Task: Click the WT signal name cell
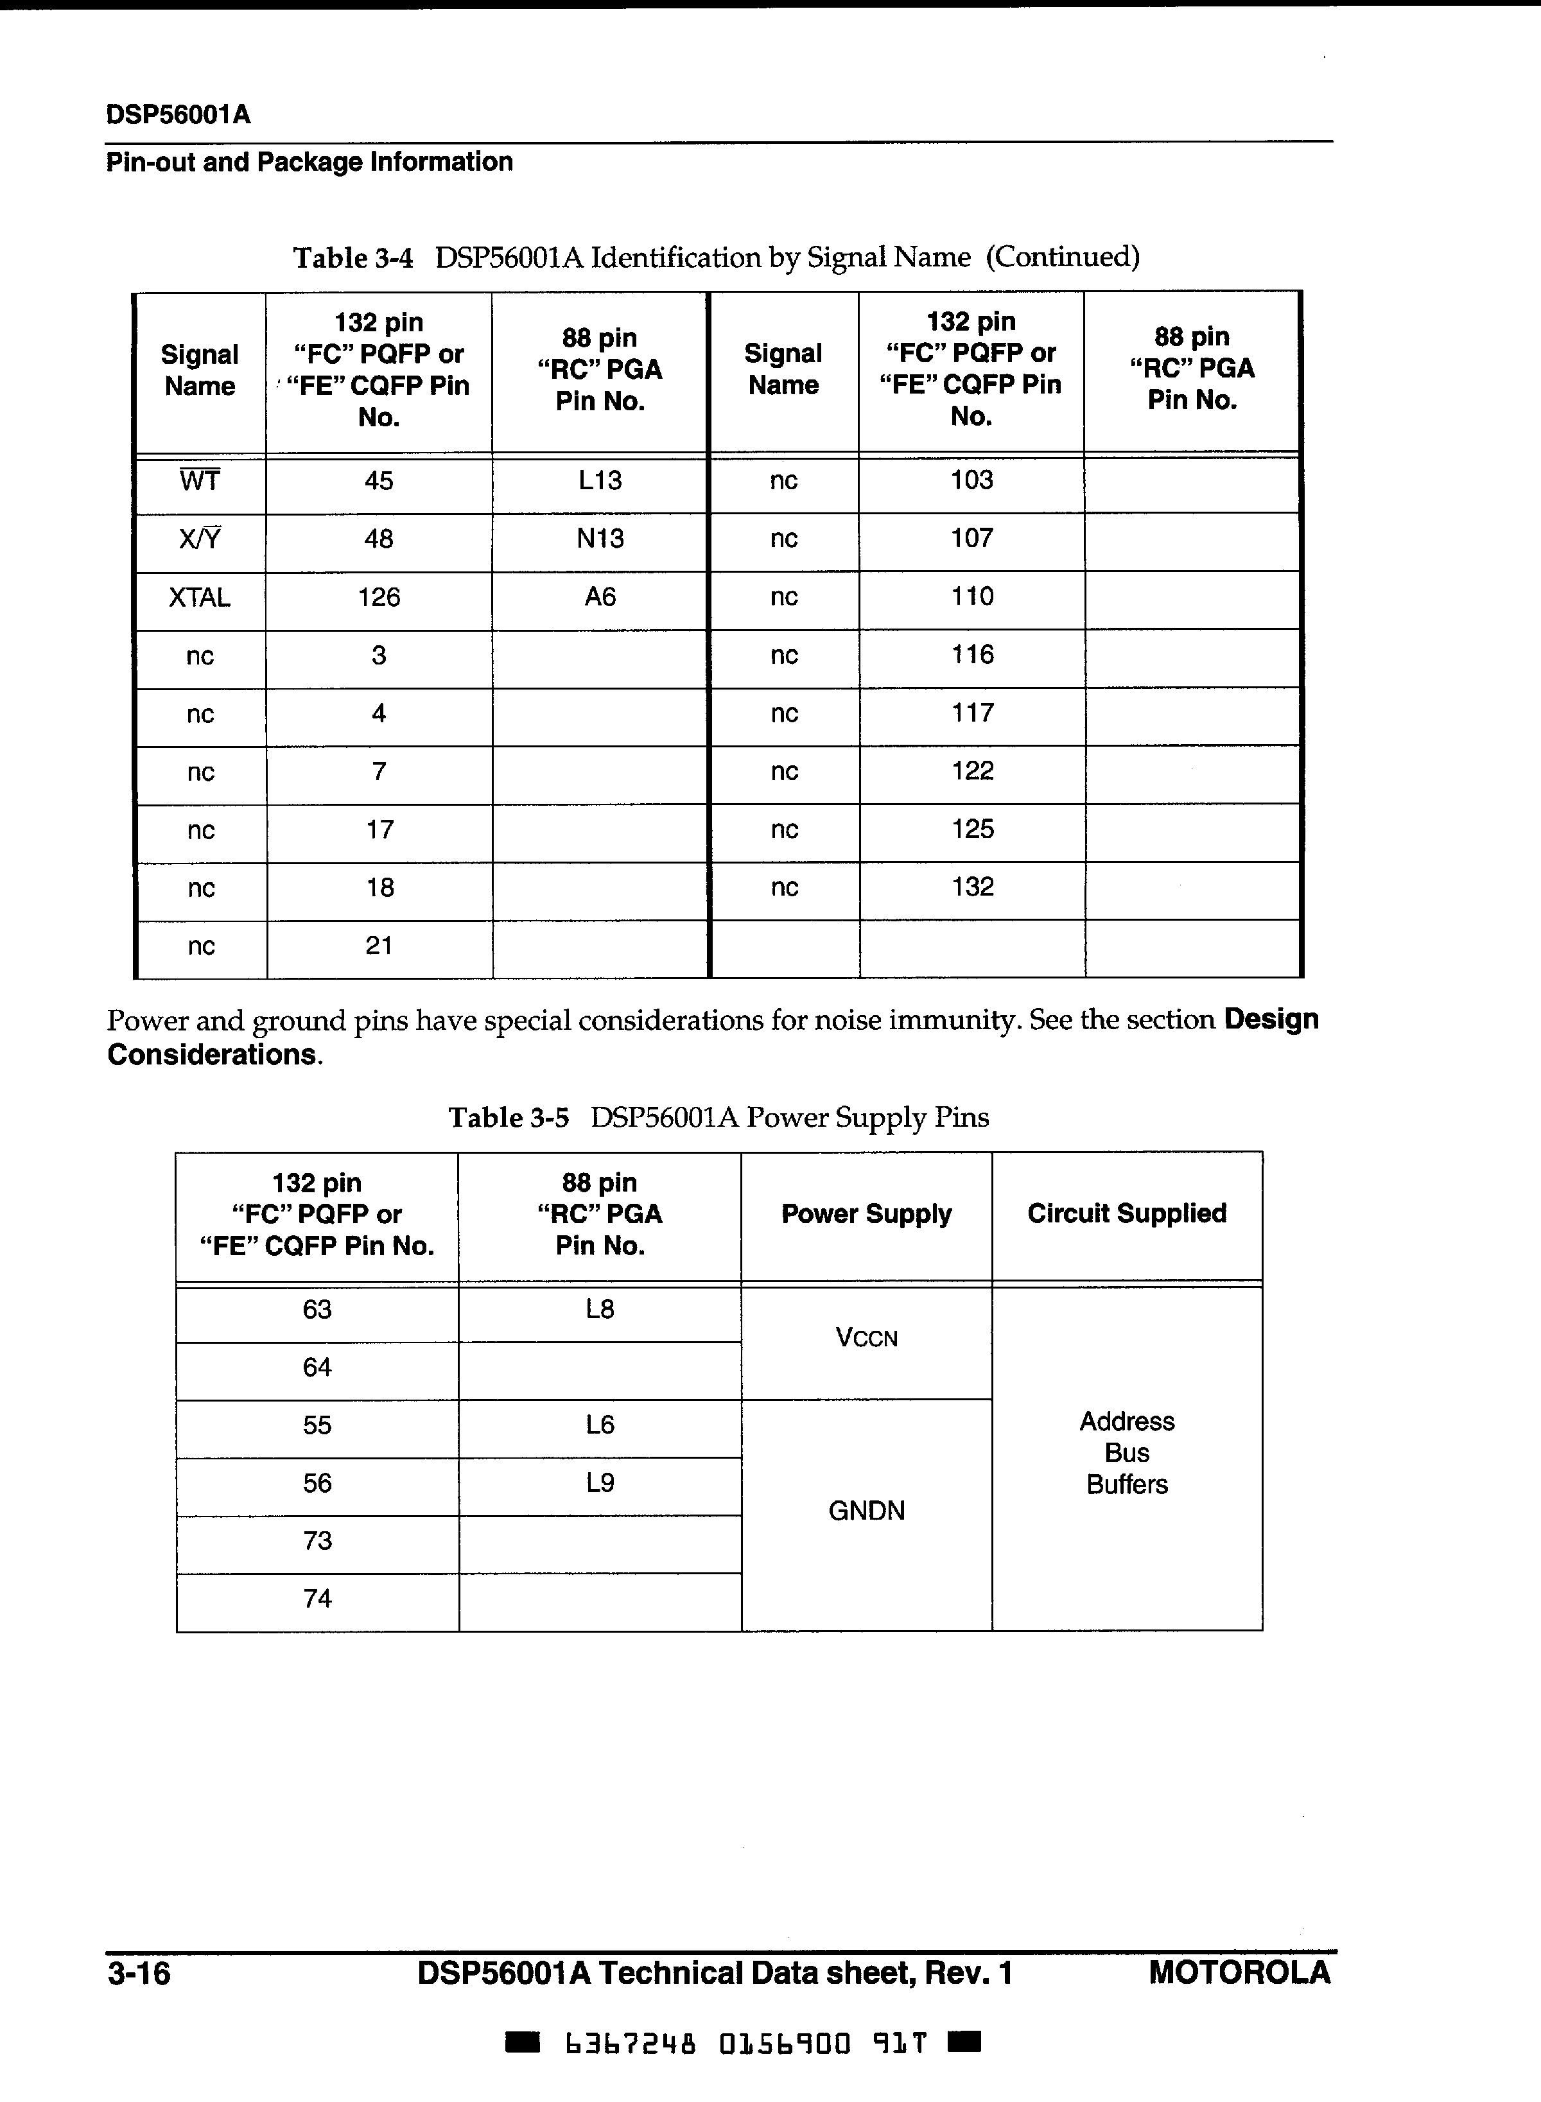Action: coord(200,482)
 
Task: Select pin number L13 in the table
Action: coord(600,482)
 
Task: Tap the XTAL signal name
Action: coord(200,598)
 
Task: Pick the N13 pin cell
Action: coord(600,539)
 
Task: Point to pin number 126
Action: coord(379,598)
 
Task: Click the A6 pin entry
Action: coord(600,598)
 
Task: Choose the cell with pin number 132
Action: coord(972,887)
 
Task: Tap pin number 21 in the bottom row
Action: coord(379,946)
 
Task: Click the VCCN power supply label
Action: coord(867,1338)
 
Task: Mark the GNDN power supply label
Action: coord(867,1511)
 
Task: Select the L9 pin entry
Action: coord(600,1484)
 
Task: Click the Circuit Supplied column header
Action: coord(1127,1213)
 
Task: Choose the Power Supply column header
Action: coord(867,1214)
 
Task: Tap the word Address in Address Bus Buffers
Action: coord(1127,1421)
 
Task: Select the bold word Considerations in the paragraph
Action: coord(212,1055)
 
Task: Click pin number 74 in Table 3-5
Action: coord(317,1599)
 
